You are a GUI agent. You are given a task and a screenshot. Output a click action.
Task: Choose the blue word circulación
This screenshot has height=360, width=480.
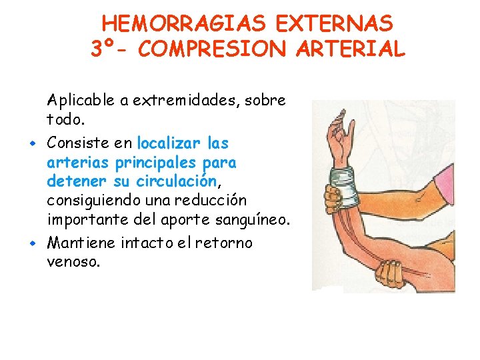click(177, 181)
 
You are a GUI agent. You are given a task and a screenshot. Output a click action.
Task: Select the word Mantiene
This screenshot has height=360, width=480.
click(81, 243)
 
